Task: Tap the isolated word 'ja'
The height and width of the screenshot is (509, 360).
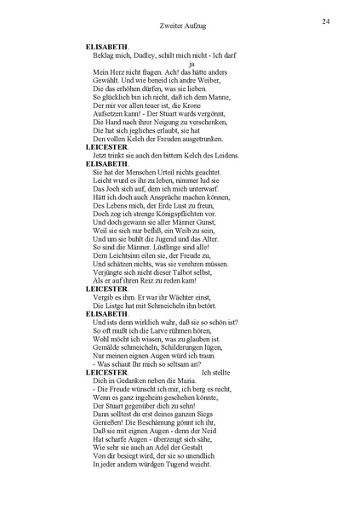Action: point(192,64)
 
